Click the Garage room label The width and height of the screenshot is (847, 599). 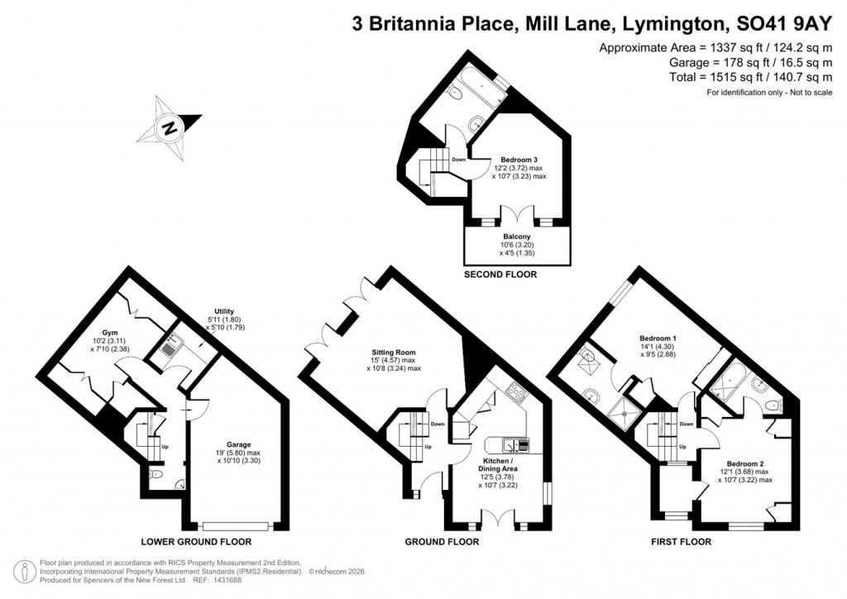pos(238,444)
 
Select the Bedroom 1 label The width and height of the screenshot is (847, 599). pos(658,338)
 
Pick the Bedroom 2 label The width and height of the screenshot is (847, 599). pos(744,463)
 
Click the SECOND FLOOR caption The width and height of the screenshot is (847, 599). pos(500,274)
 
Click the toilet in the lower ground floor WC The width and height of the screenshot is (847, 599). pos(159,475)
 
